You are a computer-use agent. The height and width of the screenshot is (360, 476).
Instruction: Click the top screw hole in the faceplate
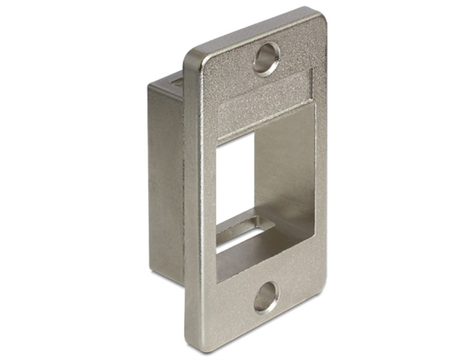pyautogui.click(x=266, y=58)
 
